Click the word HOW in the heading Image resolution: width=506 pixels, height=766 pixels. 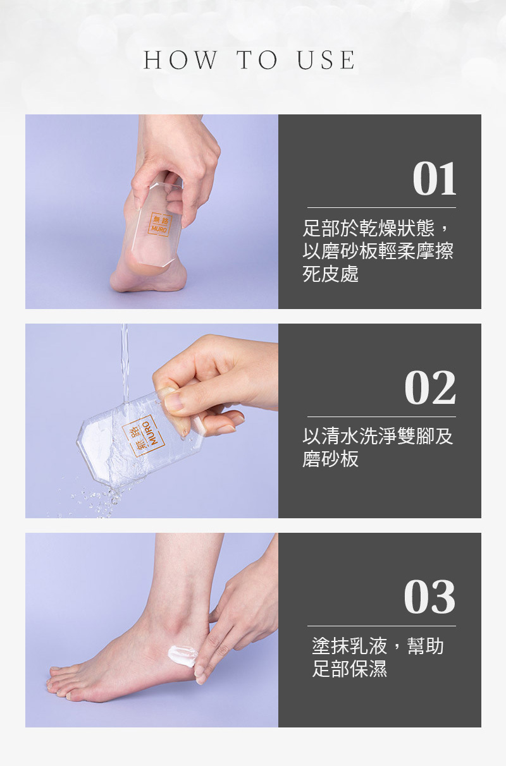(180, 61)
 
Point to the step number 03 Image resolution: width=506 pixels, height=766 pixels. (430, 597)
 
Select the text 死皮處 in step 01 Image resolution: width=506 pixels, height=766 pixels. (331, 274)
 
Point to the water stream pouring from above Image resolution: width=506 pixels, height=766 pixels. (125, 354)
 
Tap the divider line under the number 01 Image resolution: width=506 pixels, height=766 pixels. (381, 207)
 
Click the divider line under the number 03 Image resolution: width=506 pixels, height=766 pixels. (381, 626)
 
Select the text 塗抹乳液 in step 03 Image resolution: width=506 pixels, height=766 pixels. (350, 646)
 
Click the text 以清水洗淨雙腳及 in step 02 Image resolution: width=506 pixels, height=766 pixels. (378, 437)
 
